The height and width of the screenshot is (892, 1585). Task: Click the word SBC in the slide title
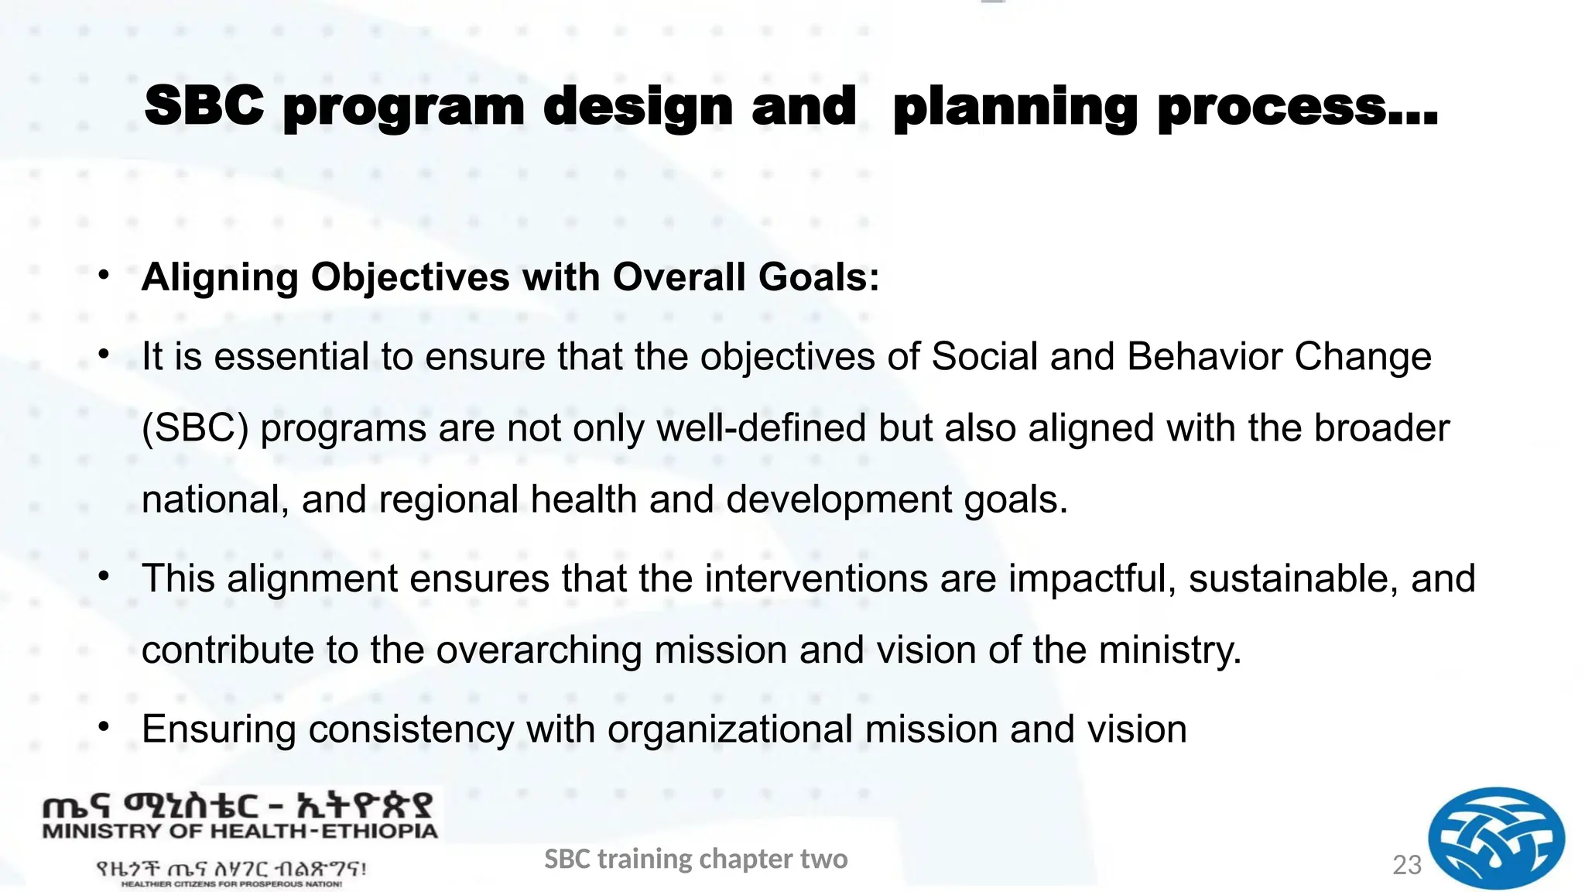coord(204,106)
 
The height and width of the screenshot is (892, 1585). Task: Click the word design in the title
coord(638,108)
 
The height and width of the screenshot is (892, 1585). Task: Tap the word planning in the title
coord(1015,108)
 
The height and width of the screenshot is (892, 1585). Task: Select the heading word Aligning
coord(220,278)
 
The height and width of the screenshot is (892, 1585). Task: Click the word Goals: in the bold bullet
coord(819,277)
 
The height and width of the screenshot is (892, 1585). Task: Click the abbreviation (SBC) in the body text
coord(195,429)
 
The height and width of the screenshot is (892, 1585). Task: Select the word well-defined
coord(761,428)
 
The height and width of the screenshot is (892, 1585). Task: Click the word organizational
coord(730,729)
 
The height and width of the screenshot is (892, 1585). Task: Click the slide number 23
coord(1406,865)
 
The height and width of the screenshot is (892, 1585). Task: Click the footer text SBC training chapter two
coord(696,859)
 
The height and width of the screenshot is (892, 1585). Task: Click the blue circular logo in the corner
coord(1495,838)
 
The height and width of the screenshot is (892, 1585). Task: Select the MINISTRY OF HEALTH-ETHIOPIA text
coord(240,832)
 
